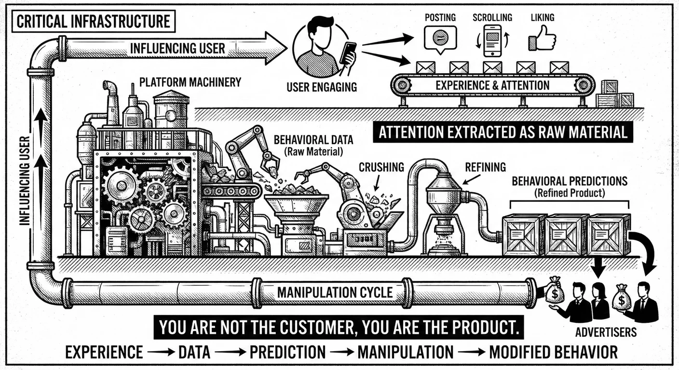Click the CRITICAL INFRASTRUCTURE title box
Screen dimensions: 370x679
pyautogui.click(x=92, y=21)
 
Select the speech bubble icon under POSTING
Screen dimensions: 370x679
pyautogui.click(x=440, y=38)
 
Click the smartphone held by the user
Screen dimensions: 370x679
pyautogui.click(x=348, y=53)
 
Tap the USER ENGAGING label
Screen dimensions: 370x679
pyautogui.click(x=321, y=87)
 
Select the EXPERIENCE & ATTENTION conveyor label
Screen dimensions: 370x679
pyautogui.click(x=492, y=86)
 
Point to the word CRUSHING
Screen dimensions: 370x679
pyautogui.click(x=381, y=167)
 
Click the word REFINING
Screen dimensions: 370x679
pyautogui.click(x=485, y=167)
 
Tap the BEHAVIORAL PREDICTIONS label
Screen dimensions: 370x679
pyautogui.click(x=569, y=182)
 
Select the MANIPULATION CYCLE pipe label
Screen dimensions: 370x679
pyautogui.click(x=334, y=292)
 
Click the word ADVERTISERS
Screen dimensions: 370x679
pyautogui.click(x=606, y=332)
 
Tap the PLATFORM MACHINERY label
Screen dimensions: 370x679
pyautogui.click(x=190, y=82)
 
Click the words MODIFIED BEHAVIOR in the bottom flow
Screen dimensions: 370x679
pyautogui.click(x=553, y=352)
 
